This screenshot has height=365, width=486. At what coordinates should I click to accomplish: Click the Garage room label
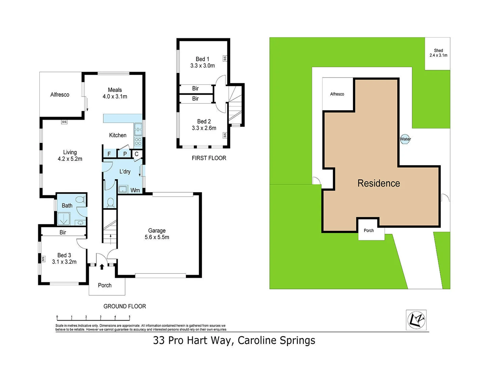(157, 230)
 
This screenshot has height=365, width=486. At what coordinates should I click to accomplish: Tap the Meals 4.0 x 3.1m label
(115, 93)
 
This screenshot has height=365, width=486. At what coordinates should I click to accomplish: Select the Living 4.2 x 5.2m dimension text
(70, 159)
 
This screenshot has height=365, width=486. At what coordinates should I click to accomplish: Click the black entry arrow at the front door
(102, 267)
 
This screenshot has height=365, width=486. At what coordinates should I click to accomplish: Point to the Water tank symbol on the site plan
(405, 139)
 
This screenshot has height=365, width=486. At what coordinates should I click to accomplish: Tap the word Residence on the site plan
(379, 183)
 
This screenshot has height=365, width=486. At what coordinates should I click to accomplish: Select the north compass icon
(416, 319)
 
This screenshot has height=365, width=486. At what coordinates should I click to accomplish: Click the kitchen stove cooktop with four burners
(138, 141)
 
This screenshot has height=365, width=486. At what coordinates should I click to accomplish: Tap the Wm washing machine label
(135, 190)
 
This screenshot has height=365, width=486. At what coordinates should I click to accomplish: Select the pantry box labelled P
(125, 154)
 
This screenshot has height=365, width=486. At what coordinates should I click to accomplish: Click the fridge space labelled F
(109, 154)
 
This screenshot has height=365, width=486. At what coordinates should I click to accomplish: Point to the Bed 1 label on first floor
(202, 59)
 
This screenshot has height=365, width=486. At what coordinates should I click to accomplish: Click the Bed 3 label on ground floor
(64, 255)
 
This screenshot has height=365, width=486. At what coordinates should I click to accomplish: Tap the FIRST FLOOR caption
(209, 158)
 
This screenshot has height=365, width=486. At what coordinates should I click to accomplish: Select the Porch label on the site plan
(369, 230)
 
